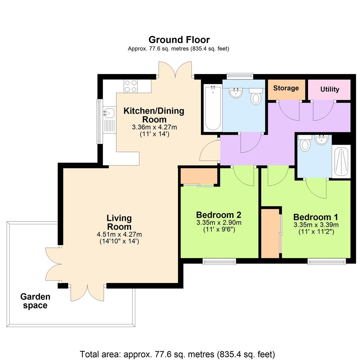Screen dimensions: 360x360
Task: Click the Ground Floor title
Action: pos(179,40)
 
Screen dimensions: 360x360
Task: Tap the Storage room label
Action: pos(286,88)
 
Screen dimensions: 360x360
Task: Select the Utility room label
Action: pos(330,89)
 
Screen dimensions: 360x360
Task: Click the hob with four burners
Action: pos(131,86)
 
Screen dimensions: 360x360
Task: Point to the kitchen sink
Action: pos(109,113)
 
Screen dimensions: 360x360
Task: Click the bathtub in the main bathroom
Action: pos(213,108)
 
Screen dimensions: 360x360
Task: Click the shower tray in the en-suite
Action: pos(341,161)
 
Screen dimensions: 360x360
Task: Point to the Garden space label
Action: pos(35,301)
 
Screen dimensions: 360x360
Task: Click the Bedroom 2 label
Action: pos(219,215)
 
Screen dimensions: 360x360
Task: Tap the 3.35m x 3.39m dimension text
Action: pos(316,225)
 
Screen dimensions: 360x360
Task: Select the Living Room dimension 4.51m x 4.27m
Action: pos(119,235)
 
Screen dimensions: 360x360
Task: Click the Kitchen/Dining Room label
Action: pos(154,115)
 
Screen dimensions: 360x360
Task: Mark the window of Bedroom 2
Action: pos(219,261)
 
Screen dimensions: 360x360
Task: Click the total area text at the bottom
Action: pos(177,354)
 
